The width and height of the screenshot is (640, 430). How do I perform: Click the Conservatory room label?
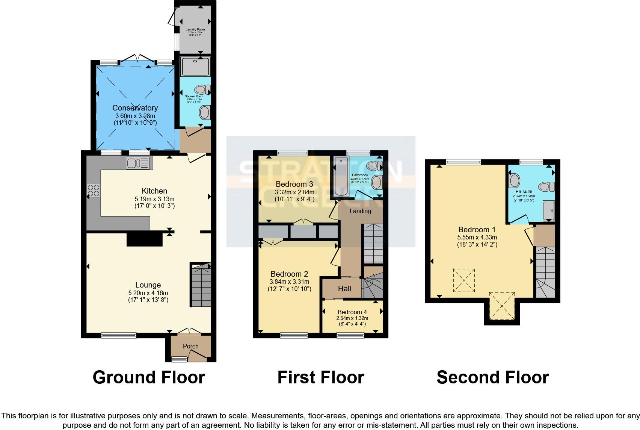[x=135, y=108]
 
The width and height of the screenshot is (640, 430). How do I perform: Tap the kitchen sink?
[x=137, y=163]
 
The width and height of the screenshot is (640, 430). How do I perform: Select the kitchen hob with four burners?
[x=94, y=190]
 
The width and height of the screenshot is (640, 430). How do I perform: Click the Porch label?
[x=190, y=346]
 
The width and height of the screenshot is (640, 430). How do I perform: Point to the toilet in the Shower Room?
[x=202, y=90]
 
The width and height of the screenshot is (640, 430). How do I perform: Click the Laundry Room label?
[x=195, y=29]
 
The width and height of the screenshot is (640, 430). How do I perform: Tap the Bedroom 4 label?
[x=352, y=312]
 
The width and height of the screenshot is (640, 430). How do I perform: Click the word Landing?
[x=360, y=211]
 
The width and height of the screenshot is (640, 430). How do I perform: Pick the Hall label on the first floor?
[x=344, y=289]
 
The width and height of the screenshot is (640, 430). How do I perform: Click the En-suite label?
[x=524, y=192]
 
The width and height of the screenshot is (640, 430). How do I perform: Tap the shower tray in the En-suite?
[x=548, y=211]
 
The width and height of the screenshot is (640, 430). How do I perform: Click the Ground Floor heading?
[x=149, y=377]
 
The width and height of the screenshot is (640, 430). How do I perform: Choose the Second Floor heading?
[x=492, y=377]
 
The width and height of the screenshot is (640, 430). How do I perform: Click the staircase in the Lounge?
[x=201, y=286]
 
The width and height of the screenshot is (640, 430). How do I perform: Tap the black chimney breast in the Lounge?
[x=144, y=239]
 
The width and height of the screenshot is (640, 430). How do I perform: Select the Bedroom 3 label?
[x=294, y=184]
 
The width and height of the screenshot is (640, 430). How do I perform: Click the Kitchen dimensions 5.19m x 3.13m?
[x=154, y=199]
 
